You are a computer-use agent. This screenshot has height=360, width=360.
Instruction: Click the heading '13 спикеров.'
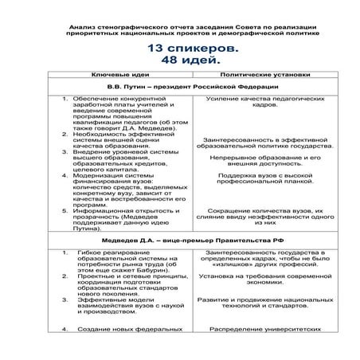point(180,49)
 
